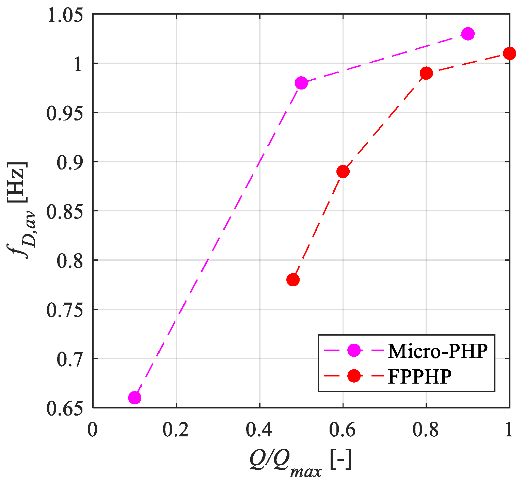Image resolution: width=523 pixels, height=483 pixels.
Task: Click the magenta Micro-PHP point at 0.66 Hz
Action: tap(135, 398)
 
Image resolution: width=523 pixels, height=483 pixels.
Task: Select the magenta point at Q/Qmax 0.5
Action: tap(301, 83)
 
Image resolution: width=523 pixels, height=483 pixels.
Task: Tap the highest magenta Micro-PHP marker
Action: tap(468, 34)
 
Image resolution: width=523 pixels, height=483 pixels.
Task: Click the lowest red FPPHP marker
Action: tap(293, 280)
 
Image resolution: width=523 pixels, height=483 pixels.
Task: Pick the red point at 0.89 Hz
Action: tap(343, 172)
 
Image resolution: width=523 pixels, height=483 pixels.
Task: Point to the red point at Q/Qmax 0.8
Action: tap(426, 73)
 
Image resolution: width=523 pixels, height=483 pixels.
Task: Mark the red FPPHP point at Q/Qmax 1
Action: tap(509, 53)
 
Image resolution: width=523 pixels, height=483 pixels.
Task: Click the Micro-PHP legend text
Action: tap(438, 351)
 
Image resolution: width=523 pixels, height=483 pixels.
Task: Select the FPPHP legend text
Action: tap(419, 376)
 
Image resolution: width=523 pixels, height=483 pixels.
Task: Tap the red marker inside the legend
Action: tap(354, 376)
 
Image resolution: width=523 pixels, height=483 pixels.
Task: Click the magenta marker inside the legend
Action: tap(354, 351)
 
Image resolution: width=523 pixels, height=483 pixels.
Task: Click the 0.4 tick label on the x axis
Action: tap(259, 431)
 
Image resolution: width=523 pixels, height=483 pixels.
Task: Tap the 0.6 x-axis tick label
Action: tap(343, 431)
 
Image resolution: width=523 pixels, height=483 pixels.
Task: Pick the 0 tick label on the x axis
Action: tap(92, 431)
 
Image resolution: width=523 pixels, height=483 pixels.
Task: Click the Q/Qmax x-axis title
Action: tap(300, 463)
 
